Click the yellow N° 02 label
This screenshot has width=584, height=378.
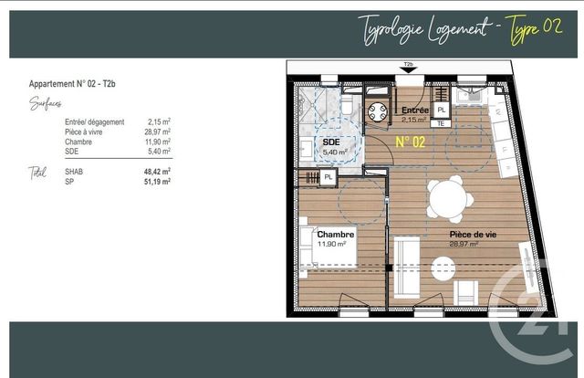tap(411, 142)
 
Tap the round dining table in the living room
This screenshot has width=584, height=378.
tap(451, 198)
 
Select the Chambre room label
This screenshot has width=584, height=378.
tap(335, 235)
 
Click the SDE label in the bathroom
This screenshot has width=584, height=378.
tap(330, 142)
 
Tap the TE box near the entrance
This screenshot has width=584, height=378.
tap(440, 121)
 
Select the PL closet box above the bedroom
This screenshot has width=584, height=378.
tap(328, 176)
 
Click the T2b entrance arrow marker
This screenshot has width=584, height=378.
tap(409, 66)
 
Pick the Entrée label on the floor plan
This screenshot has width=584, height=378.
tap(415, 110)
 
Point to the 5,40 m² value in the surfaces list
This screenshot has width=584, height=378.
tap(160, 152)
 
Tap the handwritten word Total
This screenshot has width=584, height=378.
tap(37, 172)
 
